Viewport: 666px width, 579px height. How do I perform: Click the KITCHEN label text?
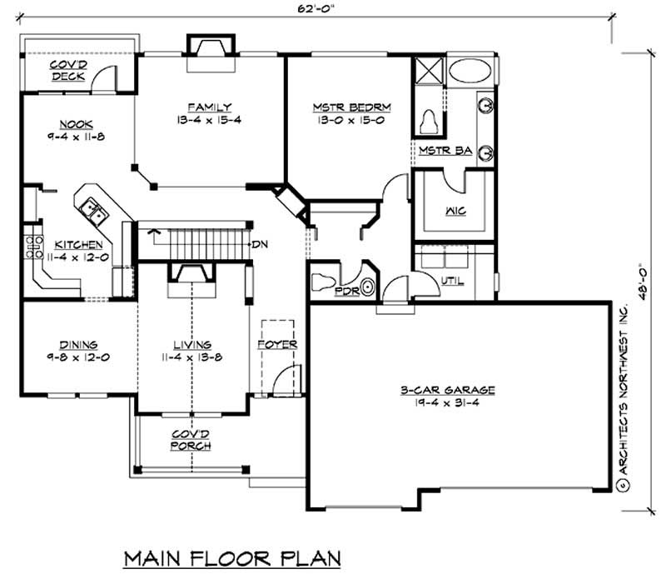coord(78,245)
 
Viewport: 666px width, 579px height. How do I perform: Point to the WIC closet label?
coord(455,211)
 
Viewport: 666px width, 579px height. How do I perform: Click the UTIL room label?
coord(453,280)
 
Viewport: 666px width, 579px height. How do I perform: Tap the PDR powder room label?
coord(346,292)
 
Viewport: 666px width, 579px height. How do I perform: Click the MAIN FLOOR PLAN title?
coord(233,557)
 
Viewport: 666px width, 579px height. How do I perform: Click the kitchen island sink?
coord(97,213)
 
